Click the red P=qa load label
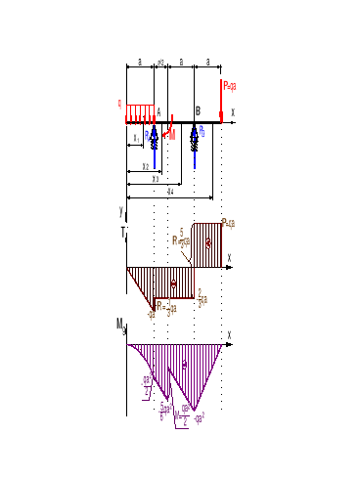(230, 86)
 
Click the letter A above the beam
(158, 110)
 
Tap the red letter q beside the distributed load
(119, 101)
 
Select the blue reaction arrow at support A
(154, 137)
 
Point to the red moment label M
(173, 135)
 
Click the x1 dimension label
(136, 138)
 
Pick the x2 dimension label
(146, 166)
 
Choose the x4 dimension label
(171, 192)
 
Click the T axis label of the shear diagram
(122, 232)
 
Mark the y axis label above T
(120, 211)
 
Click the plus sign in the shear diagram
(207, 242)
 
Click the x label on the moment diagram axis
(230, 334)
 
